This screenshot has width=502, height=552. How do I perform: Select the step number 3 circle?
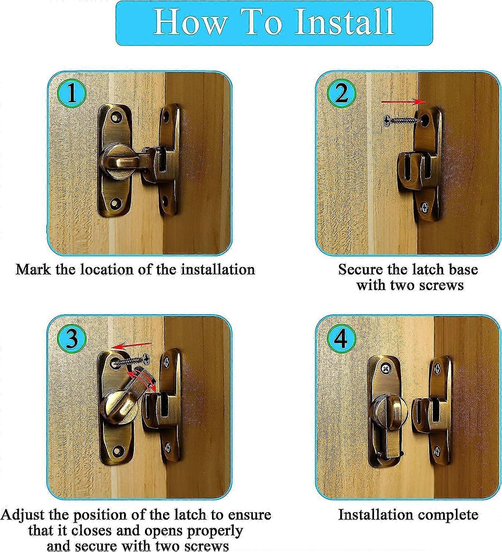(x=72, y=338)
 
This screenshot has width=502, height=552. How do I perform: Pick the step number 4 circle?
(x=341, y=338)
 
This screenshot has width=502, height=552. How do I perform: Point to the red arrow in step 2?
(x=403, y=101)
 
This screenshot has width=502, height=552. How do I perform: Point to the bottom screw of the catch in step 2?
(x=426, y=209)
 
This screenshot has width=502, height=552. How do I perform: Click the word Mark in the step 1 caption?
(x=33, y=269)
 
